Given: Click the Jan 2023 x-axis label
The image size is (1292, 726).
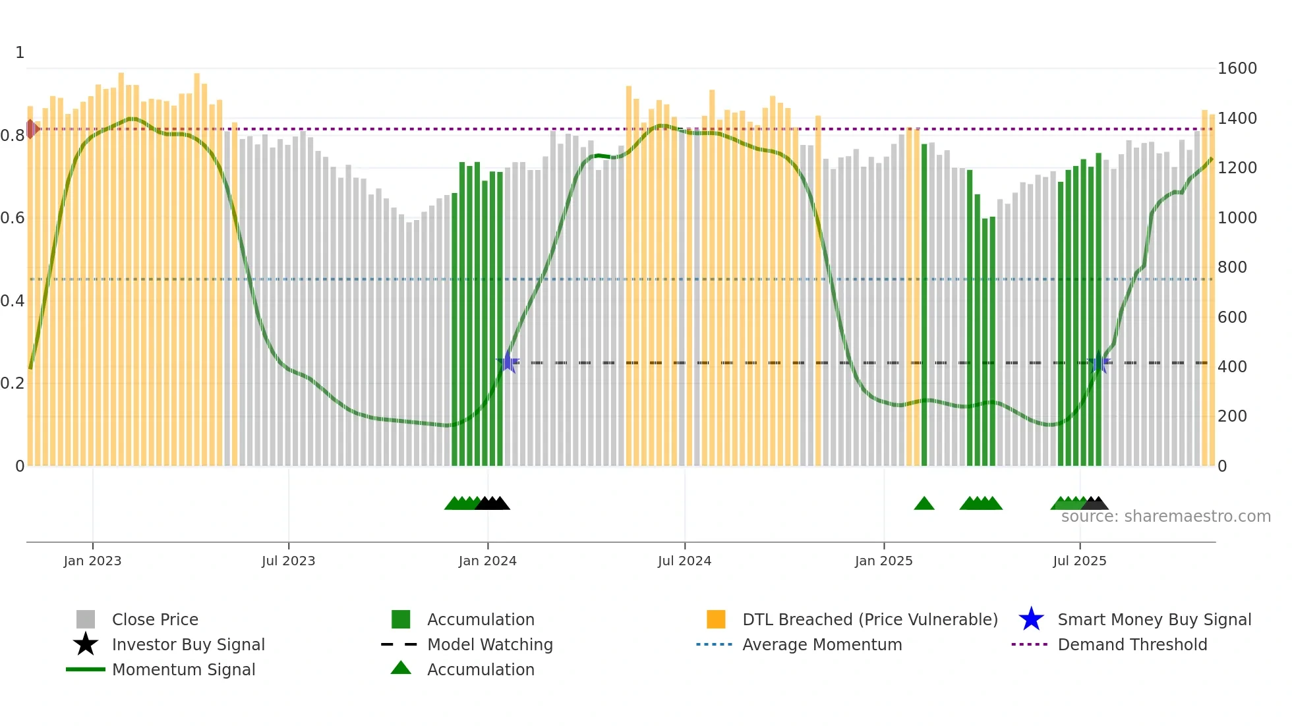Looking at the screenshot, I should [x=92, y=561].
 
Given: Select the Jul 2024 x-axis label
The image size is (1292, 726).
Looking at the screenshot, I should [x=684, y=561].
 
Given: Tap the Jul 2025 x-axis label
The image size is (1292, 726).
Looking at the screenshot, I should [x=1079, y=561].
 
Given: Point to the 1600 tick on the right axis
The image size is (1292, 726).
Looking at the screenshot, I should [x=1237, y=69].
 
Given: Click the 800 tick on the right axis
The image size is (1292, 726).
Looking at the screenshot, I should [x=1232, y=267].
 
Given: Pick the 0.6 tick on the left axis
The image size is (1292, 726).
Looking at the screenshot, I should [x=13, y=218].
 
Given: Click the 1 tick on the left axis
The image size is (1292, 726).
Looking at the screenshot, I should [x=20, y=53].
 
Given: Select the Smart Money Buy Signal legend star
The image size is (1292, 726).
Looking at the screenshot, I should [x=1031, y=619].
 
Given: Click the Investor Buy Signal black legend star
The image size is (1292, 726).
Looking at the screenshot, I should [x=86, y=644].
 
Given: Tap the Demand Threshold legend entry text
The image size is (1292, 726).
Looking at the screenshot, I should [x=1132, y=644].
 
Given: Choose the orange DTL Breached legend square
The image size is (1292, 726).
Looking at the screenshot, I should [x=716, y=619].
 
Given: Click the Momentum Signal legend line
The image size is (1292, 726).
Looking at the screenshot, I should [x=86, y=669].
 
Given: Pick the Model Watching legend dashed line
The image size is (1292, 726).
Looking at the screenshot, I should [x=399, y=644].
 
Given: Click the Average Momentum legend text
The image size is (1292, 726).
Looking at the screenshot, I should [x=821, y=644].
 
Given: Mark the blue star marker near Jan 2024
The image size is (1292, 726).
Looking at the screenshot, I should [x=508, y=362].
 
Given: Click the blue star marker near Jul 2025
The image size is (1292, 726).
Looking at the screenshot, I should [x=1099, y=364].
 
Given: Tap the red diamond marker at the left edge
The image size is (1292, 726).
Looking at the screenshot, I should [x=32, y=129].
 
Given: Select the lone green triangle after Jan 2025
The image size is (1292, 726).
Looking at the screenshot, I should [x=924, y=504].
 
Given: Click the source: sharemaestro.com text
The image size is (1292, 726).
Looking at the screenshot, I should [x=1165, y=517].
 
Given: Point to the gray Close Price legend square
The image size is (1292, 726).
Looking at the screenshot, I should [x=86, y=619].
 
